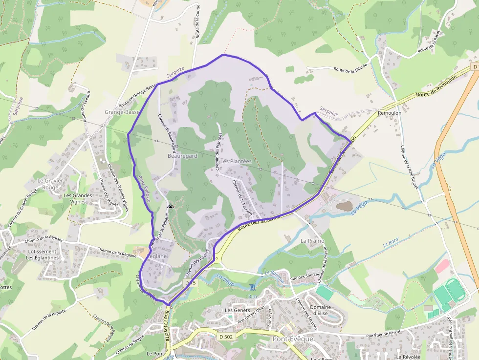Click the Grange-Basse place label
pyautogui.click(x=122, y=112)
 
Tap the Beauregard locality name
pyautogui.click(x=182, y=156)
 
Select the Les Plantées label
pyautogui.click(x=236, y=161)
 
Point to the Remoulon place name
pyautogui.click(x=390, y=112)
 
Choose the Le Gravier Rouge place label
pyautogui.click(x=50, y=184)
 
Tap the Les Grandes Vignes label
pyautogui.click(x=78, y=198)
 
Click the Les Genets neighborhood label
pyautogui.click(x=237, y=310)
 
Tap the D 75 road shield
pyautogui.click(x=190, y=283)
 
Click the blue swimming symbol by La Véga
pyautogui.click(x=252, y=286)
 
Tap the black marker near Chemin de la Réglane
pyautogui.click(x=170, y=208)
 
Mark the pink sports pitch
pyautogui.click(x=442, y=266)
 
